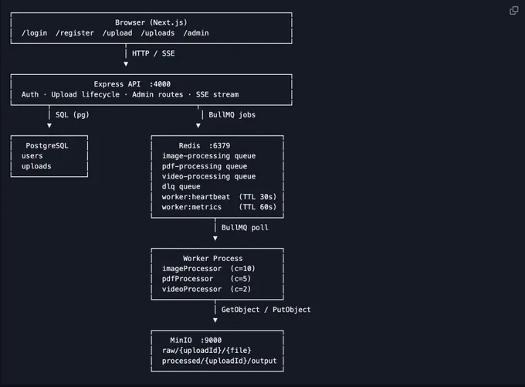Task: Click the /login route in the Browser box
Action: (34, 33)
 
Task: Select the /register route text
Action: (75, 33)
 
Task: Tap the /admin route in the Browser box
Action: (196, 33)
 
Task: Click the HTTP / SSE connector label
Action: (154, 53)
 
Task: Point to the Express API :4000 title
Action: (132, 84)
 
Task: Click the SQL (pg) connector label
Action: (73, 115)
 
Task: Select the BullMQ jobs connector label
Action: (232, 115)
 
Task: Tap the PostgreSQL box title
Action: (47, 146)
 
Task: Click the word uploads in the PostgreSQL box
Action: (36, 166)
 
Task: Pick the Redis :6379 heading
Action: (205, 146)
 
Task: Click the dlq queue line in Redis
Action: (181, 187)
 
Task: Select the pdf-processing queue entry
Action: (205, 166)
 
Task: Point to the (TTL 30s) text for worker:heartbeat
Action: (258, 197)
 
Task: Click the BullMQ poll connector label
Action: (245, 228)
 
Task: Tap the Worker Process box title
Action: (212, 258)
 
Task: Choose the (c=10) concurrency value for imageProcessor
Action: (242, 269)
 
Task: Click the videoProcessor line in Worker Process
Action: (206, 289)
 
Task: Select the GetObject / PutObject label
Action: (266, 310)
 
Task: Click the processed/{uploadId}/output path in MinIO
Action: (219, 361)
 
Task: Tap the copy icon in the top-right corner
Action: (513, 10)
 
